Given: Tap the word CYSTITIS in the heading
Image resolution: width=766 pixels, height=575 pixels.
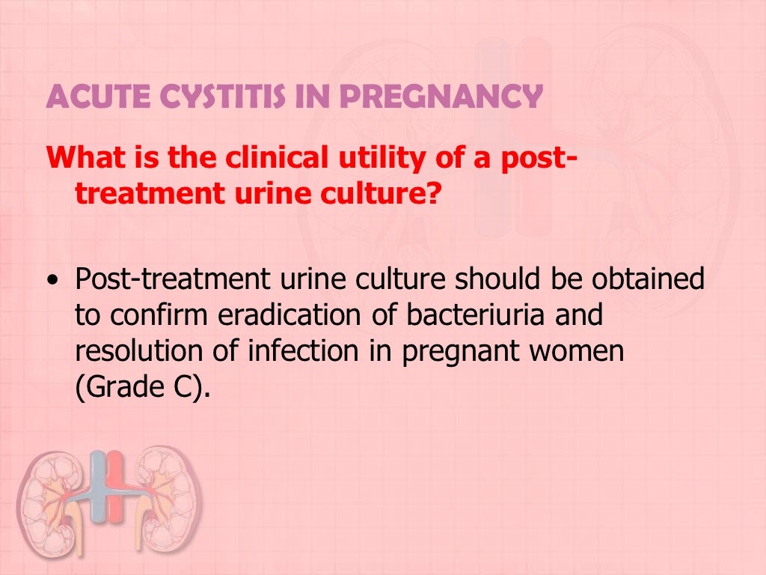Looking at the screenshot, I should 205,97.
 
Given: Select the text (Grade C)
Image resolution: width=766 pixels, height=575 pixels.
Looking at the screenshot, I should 138,389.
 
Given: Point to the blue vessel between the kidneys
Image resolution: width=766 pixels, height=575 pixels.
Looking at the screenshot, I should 97,487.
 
